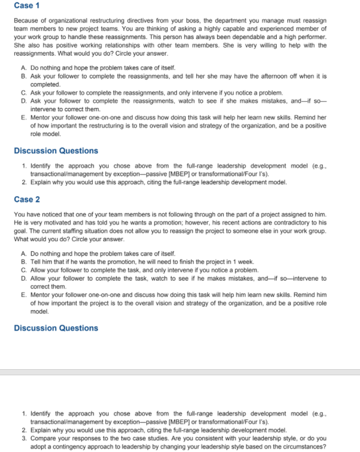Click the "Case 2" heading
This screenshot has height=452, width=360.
[27, 199]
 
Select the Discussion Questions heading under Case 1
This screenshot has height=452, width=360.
[56, 151]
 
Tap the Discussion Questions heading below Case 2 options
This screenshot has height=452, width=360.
[56, 328]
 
